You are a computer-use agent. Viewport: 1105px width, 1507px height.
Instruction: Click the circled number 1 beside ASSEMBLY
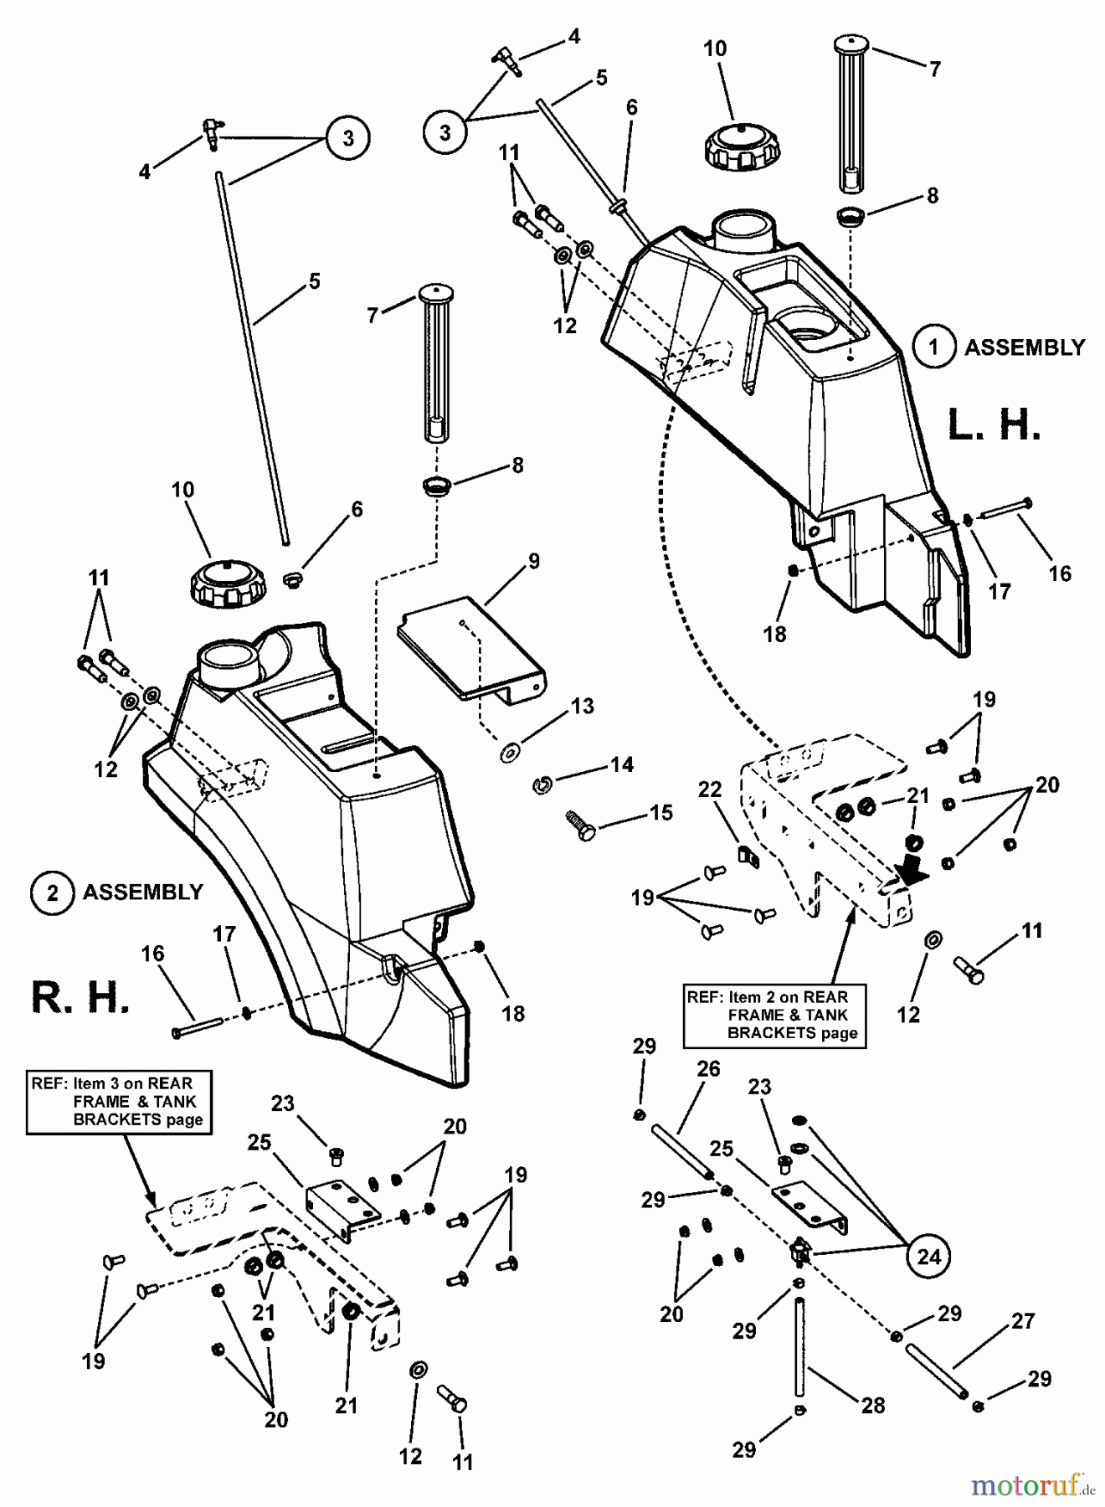(933, 347)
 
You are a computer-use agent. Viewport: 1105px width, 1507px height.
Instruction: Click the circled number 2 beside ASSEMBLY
(52, 892)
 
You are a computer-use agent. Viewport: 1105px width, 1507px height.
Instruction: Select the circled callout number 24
(929, 1256)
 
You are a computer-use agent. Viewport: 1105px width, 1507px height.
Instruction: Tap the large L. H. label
(994, 424)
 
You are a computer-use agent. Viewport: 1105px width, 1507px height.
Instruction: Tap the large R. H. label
(80, 997)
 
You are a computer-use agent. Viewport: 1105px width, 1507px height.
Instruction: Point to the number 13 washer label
(582, 706)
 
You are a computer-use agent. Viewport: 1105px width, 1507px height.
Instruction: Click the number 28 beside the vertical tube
(873, 1405)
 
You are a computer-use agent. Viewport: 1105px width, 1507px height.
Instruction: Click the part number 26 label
(708, 1069)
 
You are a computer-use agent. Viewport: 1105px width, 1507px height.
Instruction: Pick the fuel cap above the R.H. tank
(229, 584)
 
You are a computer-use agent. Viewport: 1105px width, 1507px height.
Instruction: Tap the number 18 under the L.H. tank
(774, 634)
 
